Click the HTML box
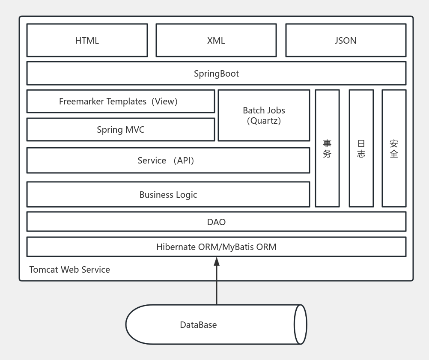click(87, 40)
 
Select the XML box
click(216, 40)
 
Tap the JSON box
click(346, 40)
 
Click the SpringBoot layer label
click(216, 73)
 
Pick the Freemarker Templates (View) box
click(120, 101)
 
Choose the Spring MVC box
click(120, 130)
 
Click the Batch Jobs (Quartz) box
click(264, 115)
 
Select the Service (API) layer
click(168, 161)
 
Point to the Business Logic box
click(168, 195)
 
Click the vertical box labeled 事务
click(327, 149)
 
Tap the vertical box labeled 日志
click(361, 149)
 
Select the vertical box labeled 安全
click(394, 149)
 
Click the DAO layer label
click(216, 222)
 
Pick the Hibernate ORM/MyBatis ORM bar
click(216, 247)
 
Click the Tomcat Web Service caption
click(69, 270)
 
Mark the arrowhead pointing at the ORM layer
click(217, 261)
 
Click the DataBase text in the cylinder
click(198, 325)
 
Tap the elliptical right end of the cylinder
click(300, 324)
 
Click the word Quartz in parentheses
click(264, 121)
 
